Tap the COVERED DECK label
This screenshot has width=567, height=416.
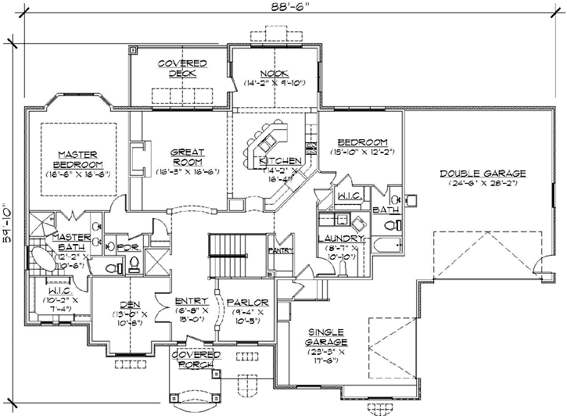click(182, 68)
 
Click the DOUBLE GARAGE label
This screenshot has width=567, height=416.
click(482, 174)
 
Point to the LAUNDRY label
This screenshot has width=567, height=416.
click(340, 238)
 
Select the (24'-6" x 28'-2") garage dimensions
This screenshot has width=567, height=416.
click(482, 185)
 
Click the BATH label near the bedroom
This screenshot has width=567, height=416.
click(385, 210)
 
